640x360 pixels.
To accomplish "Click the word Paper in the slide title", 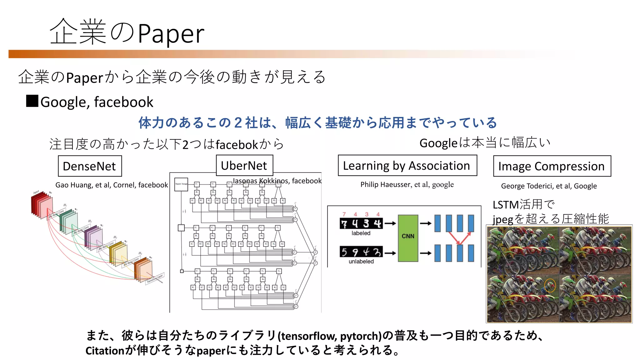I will click(171, 34).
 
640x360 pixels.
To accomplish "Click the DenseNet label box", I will click(90, 166).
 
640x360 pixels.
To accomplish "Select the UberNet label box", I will click(244, 166).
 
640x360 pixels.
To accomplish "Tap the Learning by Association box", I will click(407, 166).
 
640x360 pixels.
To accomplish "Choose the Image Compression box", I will click(552, 166).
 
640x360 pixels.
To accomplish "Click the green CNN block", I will click(408, 238).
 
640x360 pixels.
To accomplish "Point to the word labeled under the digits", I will click(361, 233).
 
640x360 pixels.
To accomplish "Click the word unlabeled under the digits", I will click(361, 262).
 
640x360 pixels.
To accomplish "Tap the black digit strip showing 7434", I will click(361, 223).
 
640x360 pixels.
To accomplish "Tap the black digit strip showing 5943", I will click(361, 252).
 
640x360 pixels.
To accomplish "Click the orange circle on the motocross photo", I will click(550, 286).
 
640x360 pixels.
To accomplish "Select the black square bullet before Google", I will click(32, 101).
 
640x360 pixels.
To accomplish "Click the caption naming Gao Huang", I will click(112, 185).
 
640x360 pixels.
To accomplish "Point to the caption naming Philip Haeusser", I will click(407, 185).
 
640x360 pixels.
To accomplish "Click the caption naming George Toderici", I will click(549, 186).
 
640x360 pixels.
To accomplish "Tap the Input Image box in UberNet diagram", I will click(181, 184).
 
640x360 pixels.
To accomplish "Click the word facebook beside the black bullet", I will click(123, 102).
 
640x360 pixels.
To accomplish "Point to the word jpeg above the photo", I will click(503, 219).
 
